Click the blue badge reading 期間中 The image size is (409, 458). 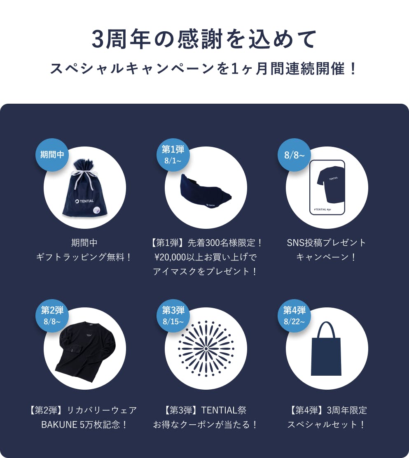[52, 154]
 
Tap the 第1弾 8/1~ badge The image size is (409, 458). [173, 154]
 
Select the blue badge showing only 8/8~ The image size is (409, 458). [294, 154]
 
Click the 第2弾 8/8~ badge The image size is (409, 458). [52, 316]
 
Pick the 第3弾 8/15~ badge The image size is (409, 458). [173, 316]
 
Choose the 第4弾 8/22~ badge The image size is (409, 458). [294, 316]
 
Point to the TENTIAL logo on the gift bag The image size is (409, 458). [84, 201]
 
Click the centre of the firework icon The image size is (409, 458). [206, 349]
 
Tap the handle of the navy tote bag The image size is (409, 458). [326, 330]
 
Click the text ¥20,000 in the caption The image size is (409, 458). [171, 257]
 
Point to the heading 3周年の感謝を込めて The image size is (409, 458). [204, 39]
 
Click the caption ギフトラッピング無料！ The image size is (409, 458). [84, 257]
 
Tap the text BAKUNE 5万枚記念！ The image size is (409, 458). [84, 424]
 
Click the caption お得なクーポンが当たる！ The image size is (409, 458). [205, 424]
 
